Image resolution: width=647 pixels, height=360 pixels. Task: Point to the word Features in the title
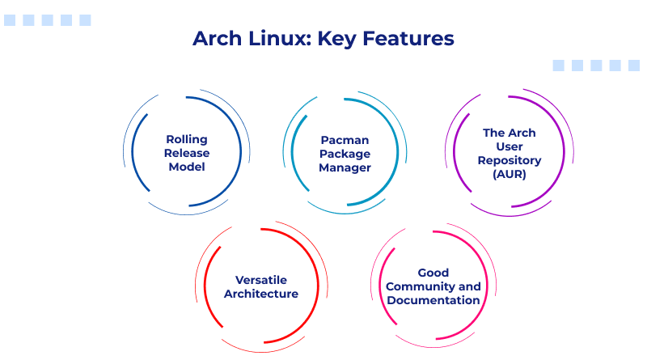(408, 38)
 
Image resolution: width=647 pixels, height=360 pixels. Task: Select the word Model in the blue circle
(187, 167)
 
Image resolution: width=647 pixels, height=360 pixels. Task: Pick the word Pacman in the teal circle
(345, 139)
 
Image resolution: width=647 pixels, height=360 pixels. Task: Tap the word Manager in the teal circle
(345, 168)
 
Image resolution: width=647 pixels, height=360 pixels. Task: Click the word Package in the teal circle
(345, 154)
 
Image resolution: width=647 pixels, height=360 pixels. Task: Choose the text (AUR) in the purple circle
(509, 175)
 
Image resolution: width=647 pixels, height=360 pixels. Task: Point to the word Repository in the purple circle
(509, 160)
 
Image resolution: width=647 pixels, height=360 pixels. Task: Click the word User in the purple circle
(509, 146)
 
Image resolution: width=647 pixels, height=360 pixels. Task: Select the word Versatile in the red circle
(260, 280)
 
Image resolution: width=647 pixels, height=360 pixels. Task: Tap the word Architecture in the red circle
(260, 294)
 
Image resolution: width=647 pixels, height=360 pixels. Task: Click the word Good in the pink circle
(433, 273)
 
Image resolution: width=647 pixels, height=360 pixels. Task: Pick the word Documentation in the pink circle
(433, 301)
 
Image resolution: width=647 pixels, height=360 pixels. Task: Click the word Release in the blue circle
(187, 153)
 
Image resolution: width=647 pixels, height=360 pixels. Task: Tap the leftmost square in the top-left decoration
(10, 20)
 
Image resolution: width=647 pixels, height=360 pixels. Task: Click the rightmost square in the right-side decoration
(635, 66)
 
